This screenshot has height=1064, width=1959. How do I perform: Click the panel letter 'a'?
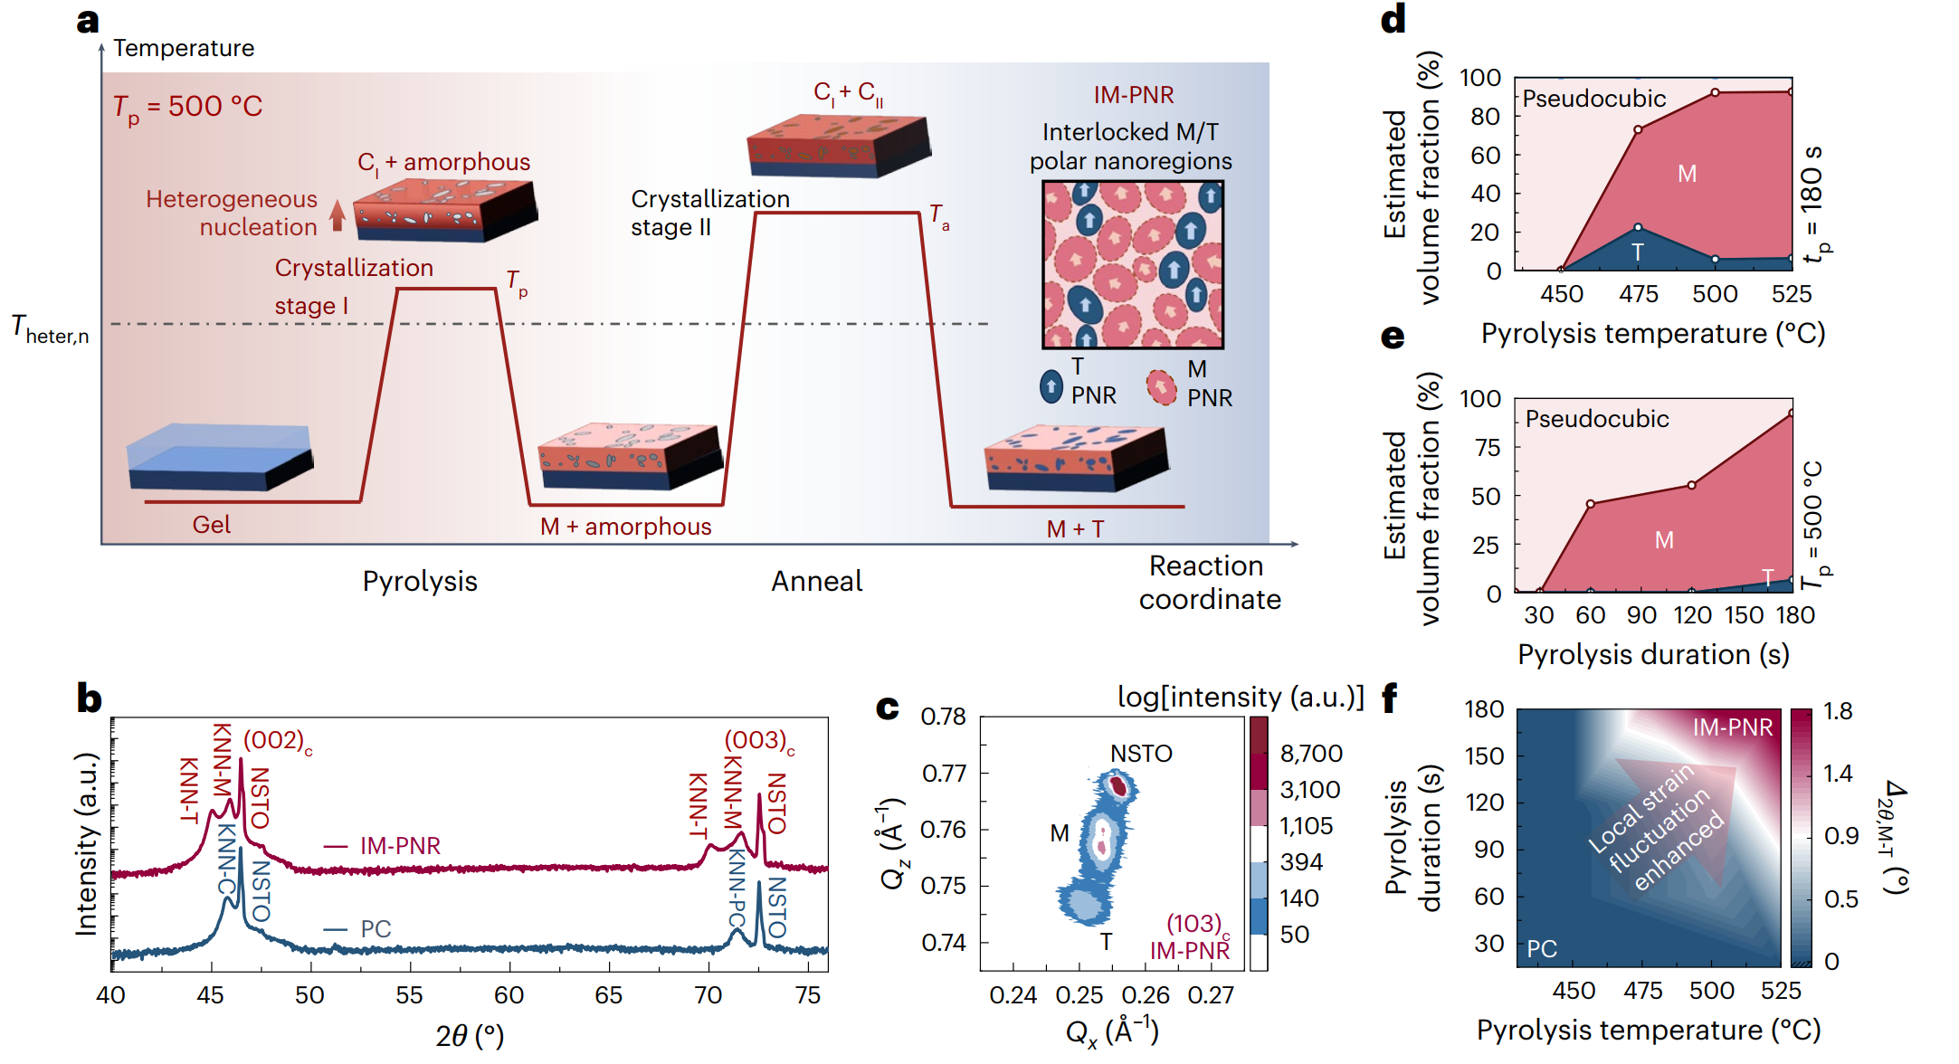(x=88, y=22)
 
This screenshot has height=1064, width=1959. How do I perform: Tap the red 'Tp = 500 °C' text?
(x=187, y=108)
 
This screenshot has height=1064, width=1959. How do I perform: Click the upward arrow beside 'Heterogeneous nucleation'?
(x=338, y=215)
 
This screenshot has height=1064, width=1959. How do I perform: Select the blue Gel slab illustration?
(x=220, y=457)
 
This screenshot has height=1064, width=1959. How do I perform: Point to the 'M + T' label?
(x=1075, y=529)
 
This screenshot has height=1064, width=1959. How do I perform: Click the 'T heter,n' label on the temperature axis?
(x=51, y=329)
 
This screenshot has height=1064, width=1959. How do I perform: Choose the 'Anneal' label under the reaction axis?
(x=816, y=581)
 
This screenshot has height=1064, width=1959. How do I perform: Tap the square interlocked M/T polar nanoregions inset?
(x=1132, y=264)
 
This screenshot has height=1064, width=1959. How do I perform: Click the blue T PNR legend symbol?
(x=1051, y=386)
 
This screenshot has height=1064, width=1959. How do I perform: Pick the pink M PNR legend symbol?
(x=1161, y=387)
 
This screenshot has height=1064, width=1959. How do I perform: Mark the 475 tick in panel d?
(x=1639, y=294)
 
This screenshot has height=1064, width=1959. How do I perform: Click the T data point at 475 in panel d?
(x=1638, y=227)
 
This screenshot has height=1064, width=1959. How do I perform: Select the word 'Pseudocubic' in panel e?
(x=1597, y=419)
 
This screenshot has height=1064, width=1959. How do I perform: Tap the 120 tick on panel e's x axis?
(x=1692, y=615)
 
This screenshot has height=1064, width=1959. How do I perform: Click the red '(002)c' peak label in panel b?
(x=278, y=741)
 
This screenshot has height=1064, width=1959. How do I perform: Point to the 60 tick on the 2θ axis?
(x=509, y=995)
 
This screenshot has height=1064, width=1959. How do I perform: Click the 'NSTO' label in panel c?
(x=1141, y=754)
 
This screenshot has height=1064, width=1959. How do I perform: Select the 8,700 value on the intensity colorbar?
(x=1311, y=754)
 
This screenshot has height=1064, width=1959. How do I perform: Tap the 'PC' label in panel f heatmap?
(x=1542, y=949)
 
